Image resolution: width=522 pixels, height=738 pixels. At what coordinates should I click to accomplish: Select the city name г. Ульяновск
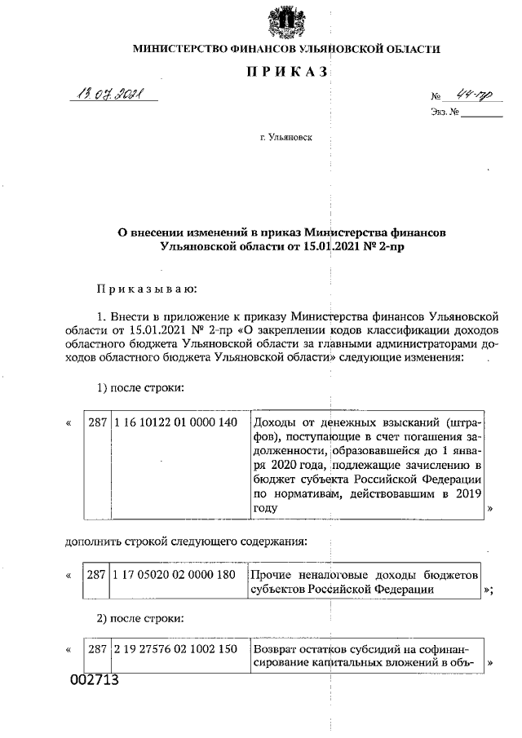click(x=285, y=139)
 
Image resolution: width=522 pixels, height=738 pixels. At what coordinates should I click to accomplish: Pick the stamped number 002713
click(x=93, y=678)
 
